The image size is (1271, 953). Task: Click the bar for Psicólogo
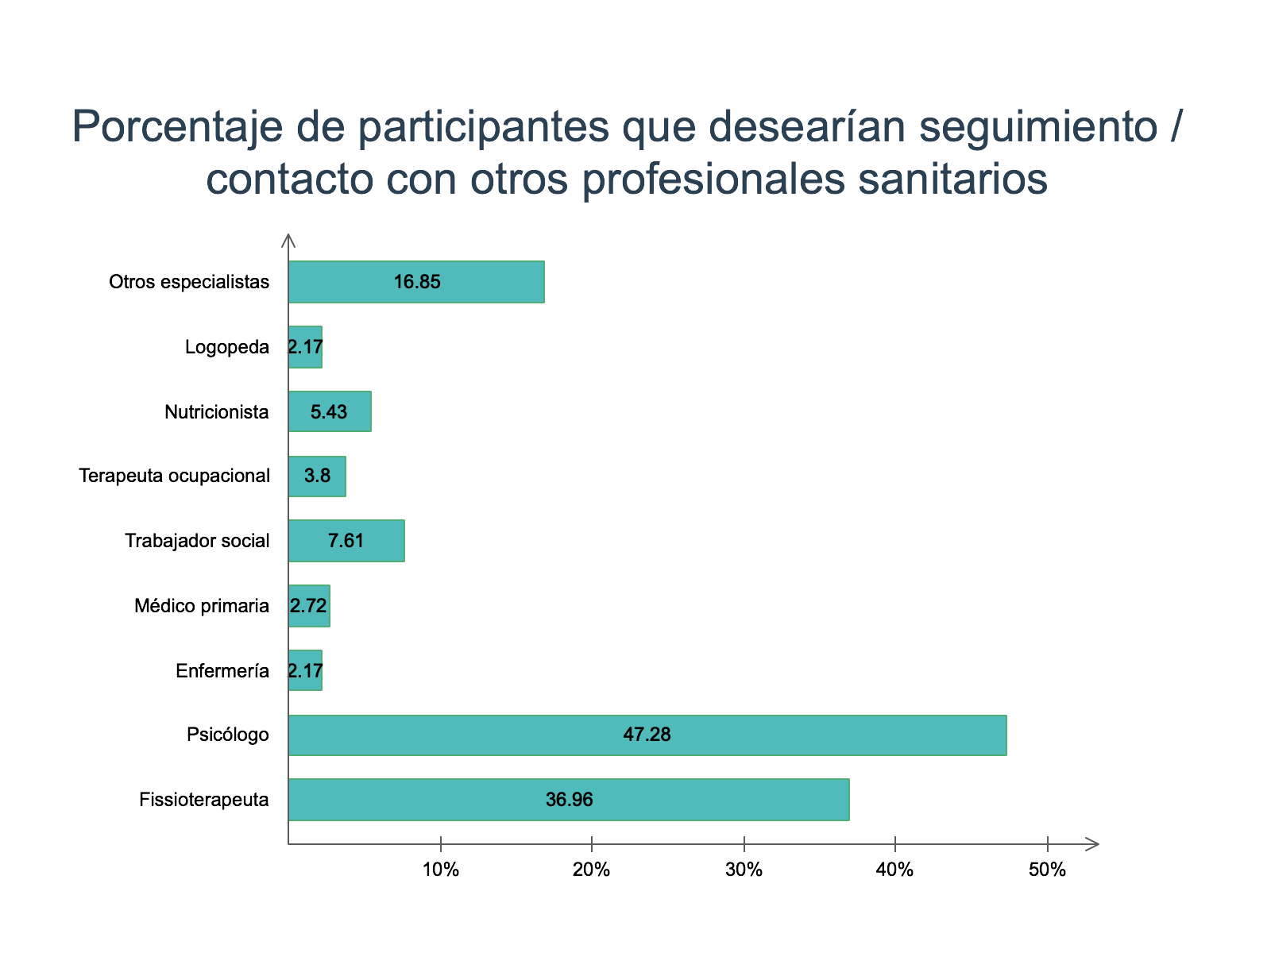[647, 735]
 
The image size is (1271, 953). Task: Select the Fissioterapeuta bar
[569, 800]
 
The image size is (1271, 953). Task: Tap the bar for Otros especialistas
[416, 282]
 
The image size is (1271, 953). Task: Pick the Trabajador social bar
[346, 541]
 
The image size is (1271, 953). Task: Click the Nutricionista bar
[330, 411]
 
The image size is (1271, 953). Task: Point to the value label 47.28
[647, 735]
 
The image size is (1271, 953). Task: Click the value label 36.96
[569, 800]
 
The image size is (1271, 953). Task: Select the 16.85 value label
[417, 282]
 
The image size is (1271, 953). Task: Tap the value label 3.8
[317, 476]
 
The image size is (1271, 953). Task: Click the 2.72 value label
[308, 606]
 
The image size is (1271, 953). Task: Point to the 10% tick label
[441, 870]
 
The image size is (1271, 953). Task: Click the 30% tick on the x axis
[744, 870]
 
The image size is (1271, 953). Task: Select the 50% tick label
[1047, 870]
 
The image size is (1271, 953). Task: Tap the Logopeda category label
[227, 347]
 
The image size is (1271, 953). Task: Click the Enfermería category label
[222, 671]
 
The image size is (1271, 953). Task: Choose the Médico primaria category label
[202, 606]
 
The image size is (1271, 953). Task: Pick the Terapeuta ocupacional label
[175, 476]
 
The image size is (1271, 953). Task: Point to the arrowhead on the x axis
[1093, 844]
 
